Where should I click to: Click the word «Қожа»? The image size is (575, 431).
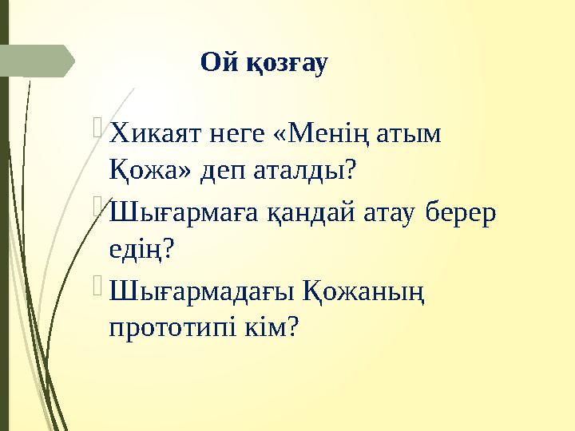click(140, 170)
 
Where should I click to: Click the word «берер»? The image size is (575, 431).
click(461, 212)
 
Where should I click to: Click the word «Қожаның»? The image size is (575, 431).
click(363, 289)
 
